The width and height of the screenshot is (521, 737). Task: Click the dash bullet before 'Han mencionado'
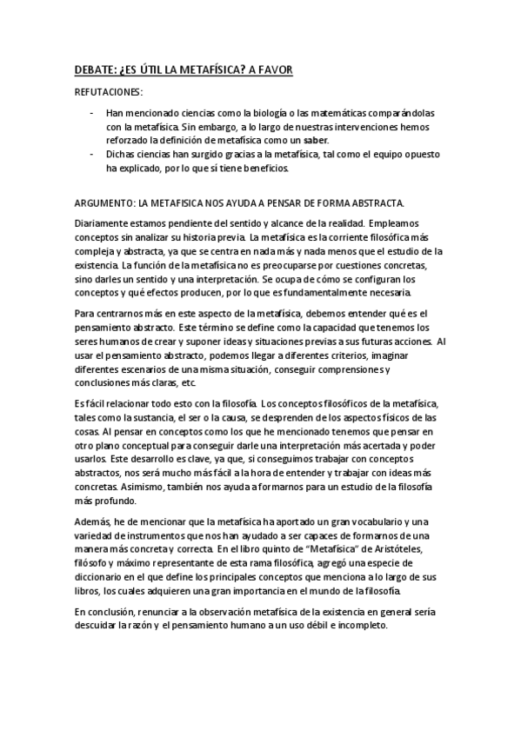click(x=91, y=114)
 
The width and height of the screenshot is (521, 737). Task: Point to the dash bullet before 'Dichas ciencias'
click(x=91, y=154)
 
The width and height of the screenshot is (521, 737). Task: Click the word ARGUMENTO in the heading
click(x=102, y=203)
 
